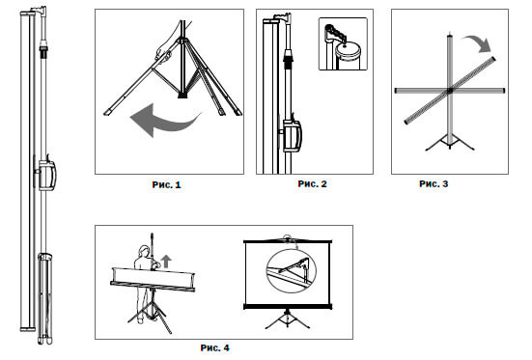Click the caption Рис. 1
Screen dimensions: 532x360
click(167, 185)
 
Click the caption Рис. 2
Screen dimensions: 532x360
click(312, 183)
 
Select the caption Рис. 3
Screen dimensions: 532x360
click(434, 183)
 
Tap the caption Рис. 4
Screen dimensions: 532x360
click(214, 347)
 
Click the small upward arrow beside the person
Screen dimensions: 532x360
click(166, 262)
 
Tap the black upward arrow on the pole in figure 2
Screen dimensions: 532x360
click(288, 58)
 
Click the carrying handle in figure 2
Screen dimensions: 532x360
click(292, 136)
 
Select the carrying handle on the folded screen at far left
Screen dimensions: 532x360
click(46, 175)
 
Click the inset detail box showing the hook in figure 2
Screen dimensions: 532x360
click(343, 44)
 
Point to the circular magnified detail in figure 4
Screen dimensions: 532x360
click(292, 271)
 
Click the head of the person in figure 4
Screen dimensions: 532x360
click(144, 252)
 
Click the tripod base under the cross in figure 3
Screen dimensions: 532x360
click(450, 143)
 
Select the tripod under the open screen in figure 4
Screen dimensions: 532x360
click(288, 318)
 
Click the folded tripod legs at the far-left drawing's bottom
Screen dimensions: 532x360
click(44, 298)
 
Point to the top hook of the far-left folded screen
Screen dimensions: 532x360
click(40, 12)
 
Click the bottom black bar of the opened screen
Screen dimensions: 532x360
click(288, 307)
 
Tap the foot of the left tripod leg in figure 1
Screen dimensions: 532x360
click(108, 112)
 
